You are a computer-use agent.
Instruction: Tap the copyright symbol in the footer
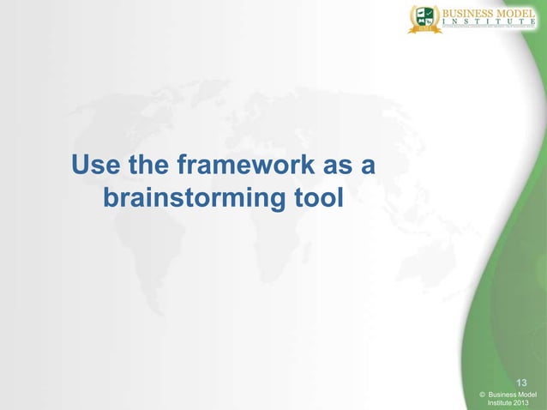click(483, 394)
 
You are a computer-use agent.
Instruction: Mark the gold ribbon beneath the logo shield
click(424, 29)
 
